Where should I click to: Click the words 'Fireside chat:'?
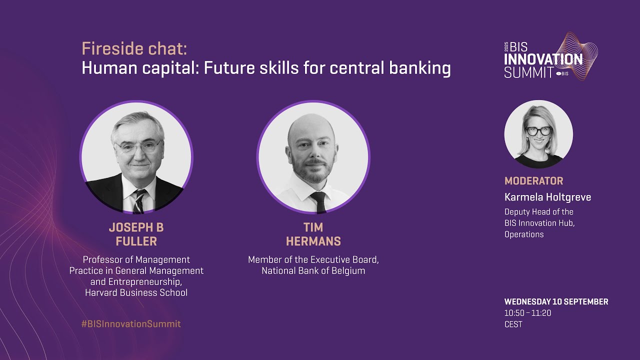134,49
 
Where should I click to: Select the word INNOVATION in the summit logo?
543,59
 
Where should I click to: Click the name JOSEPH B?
136,227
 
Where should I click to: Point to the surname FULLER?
136,241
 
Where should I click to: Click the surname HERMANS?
313,241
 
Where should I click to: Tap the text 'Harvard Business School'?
136,293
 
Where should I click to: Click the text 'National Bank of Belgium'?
313,271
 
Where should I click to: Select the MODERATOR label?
533,181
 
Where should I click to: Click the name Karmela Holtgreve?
547,197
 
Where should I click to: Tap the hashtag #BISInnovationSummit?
131,324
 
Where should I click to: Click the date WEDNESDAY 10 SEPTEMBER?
556,302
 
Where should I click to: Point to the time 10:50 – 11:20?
527,313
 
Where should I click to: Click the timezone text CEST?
513,324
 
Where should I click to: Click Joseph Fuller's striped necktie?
139,200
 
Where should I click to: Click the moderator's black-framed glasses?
538,131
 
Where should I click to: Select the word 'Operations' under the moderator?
523,234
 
